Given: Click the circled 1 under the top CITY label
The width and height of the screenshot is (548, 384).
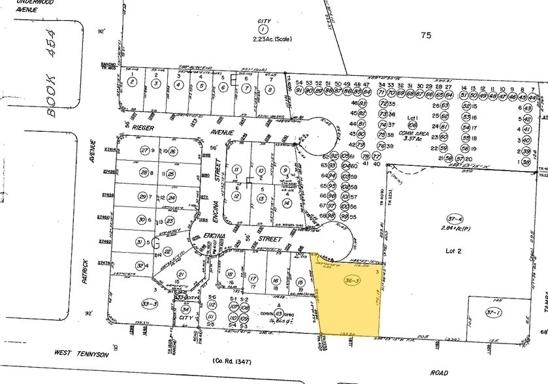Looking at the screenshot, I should click(x=263, y=29).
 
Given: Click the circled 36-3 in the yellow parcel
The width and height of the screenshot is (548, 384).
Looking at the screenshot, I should click(x=351, y=281).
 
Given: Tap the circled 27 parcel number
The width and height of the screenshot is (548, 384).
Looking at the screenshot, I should click(x=144, y=151).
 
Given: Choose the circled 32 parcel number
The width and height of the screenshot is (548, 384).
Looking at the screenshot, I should click(x=139, y=265).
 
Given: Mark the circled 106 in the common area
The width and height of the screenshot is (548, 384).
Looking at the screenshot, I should click(x=412, y=125).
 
